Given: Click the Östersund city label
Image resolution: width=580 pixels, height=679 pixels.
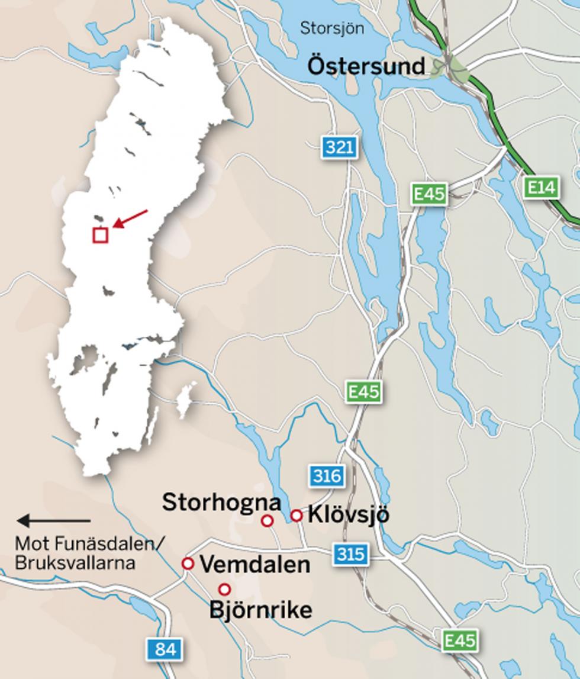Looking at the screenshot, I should click(x=366, y=66).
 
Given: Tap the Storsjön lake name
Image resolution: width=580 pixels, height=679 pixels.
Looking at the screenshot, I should click(x=332, y=28).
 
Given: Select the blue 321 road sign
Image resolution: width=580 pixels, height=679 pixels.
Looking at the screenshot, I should click(x=340, y=147).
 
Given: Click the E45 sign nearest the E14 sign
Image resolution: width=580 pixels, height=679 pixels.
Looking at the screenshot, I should click(x=430, y=194).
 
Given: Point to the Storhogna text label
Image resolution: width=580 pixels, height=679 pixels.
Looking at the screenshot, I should click(x=221, y=502).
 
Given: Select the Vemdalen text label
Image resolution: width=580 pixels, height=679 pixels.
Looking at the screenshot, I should click(x=255, y=564).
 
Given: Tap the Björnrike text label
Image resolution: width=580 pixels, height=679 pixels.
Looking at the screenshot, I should click(x=260, y=610).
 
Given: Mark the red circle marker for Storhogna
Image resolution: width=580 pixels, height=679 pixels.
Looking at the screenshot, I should click(x=267, y=520).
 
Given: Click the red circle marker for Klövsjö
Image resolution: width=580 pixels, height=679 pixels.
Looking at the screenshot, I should click(x=297, y=516).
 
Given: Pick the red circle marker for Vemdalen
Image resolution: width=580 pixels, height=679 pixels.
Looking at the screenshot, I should click(x=188, y=564).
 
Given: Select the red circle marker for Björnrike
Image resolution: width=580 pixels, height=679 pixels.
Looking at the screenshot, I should click(x=224, y=589).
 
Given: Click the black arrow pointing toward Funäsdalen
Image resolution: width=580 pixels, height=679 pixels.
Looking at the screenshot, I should click(x=53, y=521).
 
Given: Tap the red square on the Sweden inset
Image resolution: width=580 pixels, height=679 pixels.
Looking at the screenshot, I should click(x=100, y=235).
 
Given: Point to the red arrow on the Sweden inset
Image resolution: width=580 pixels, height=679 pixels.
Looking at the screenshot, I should click(x=130, y=218).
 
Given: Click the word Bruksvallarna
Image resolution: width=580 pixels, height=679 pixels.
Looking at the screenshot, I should click(x=75, y=562).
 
